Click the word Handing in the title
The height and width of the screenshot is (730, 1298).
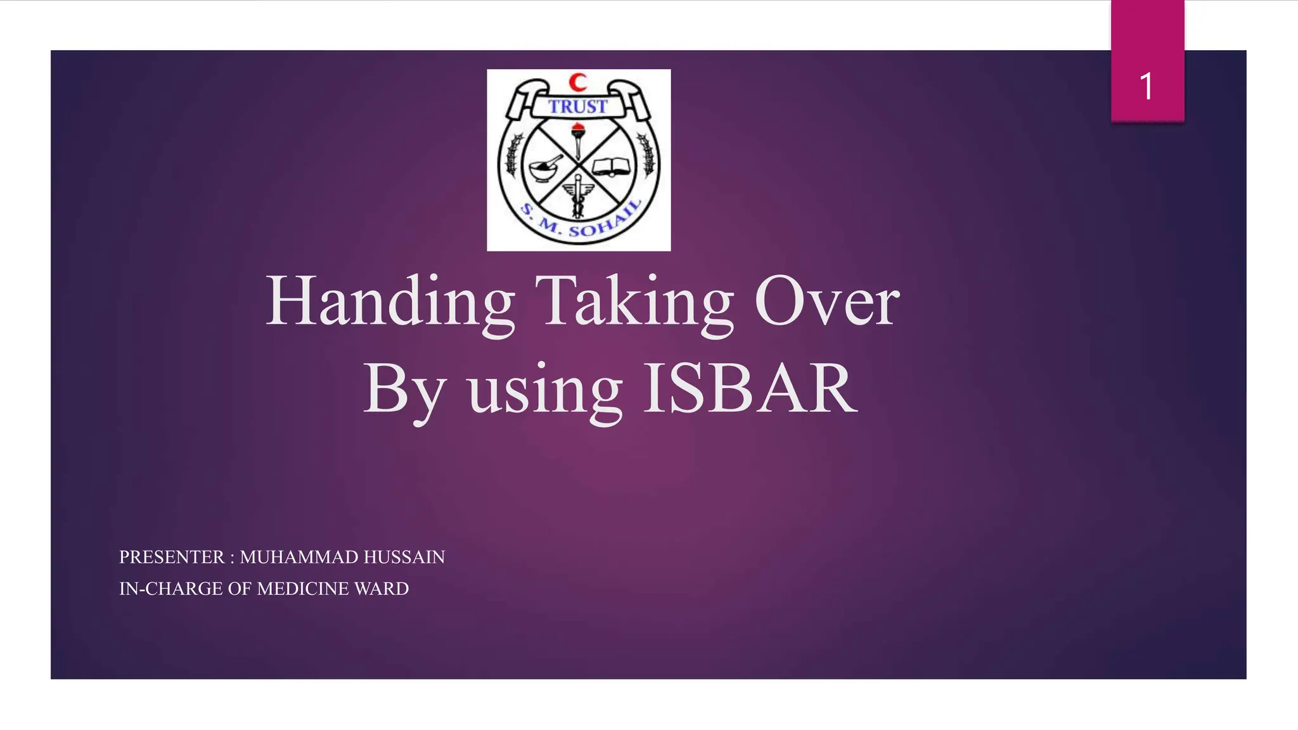pyautogui.click(x=389, y=302)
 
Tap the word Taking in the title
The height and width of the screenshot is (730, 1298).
pyautogui.click(x=634, y=302)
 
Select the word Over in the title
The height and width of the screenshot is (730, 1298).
pyautogui.click(x=826, y=303)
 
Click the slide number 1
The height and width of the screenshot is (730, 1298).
pyautogui.click(x=1147, y=86)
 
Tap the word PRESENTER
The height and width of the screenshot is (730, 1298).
pyautogui.click(x=172, y=557)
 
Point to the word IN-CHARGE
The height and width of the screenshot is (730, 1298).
pyautogui.click(x=171, y=589)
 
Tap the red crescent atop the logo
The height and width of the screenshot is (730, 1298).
pyautogui.click(x=577, y=82)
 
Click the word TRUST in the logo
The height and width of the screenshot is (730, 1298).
pyautogui.click(x=578, y=106)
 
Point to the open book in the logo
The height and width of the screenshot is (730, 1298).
pyautogui.click(x=612, y=167)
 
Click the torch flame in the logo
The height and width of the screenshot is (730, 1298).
pyautogui.click(x=577, y=131)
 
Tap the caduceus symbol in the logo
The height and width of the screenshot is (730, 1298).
pyautogui.click(x=578, y=196)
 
